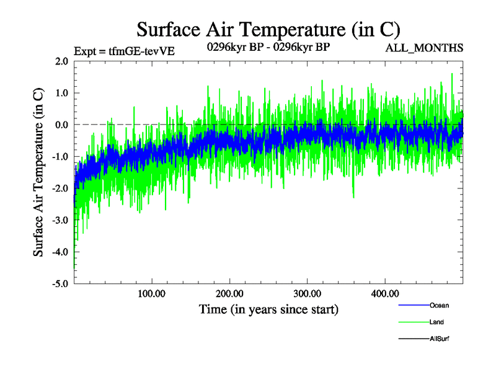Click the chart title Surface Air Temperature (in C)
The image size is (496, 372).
(x=268, y=29)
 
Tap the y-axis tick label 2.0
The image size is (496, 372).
(x=61, y=61)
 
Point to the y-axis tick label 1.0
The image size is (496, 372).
(x=61, y=93)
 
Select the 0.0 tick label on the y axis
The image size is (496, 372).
(x=61, y=125)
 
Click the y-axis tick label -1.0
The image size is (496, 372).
(x=60, y=156)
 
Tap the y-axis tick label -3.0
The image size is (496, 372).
(x=60, y=220)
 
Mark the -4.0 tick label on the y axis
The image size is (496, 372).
(x=60, y=252)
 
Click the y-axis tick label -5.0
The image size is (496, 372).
(x=60, y=284)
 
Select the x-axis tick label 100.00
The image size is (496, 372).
(x=152, y=293)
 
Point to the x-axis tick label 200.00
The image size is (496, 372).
(x=229, y=293)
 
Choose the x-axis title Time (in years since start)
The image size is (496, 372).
(x=268, y=308)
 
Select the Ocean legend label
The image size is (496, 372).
(x=439, y=305)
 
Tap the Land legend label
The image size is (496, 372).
(x=436, y=322)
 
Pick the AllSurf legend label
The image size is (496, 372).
(x=440, y=339)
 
